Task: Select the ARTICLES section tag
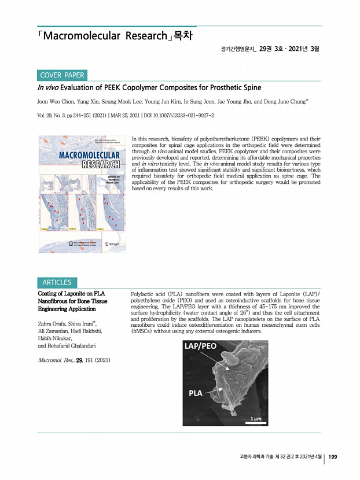pyautogui.click(x=57, y=283)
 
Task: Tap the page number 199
pyautogui.click(x=333, y=457)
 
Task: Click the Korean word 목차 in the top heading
pyautogui.click(x=183, y=36)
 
